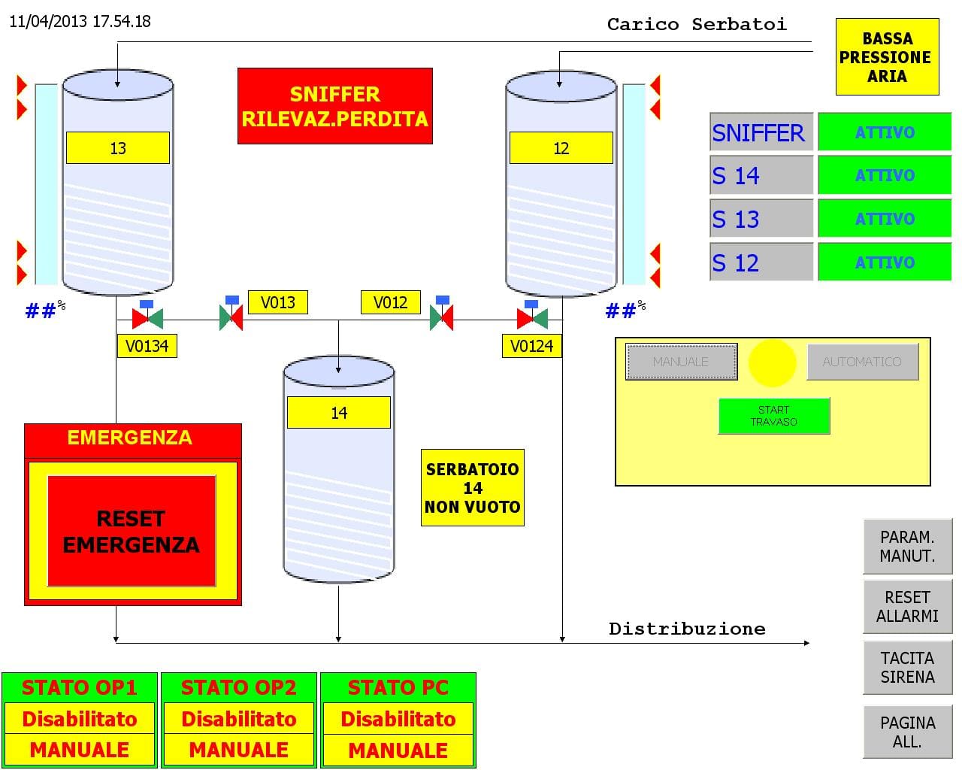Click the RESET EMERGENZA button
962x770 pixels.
132,531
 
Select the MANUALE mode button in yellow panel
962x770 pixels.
681,362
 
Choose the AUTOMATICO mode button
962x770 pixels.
862,362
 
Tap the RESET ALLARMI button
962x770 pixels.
907,607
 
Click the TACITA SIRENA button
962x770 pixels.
907,668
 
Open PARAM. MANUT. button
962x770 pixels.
907,547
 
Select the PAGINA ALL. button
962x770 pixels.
907,732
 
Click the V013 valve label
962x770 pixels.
278,302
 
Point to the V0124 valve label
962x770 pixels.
531,346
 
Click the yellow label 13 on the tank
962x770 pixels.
118,148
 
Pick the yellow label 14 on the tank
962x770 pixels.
339,413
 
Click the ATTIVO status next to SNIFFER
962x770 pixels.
885,132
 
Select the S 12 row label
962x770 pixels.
761,262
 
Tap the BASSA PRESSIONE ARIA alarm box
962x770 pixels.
887,57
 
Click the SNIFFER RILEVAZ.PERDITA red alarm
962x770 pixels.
335,106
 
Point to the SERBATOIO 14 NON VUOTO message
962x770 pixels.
472,488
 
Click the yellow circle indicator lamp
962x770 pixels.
772,362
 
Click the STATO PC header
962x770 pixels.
398,687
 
